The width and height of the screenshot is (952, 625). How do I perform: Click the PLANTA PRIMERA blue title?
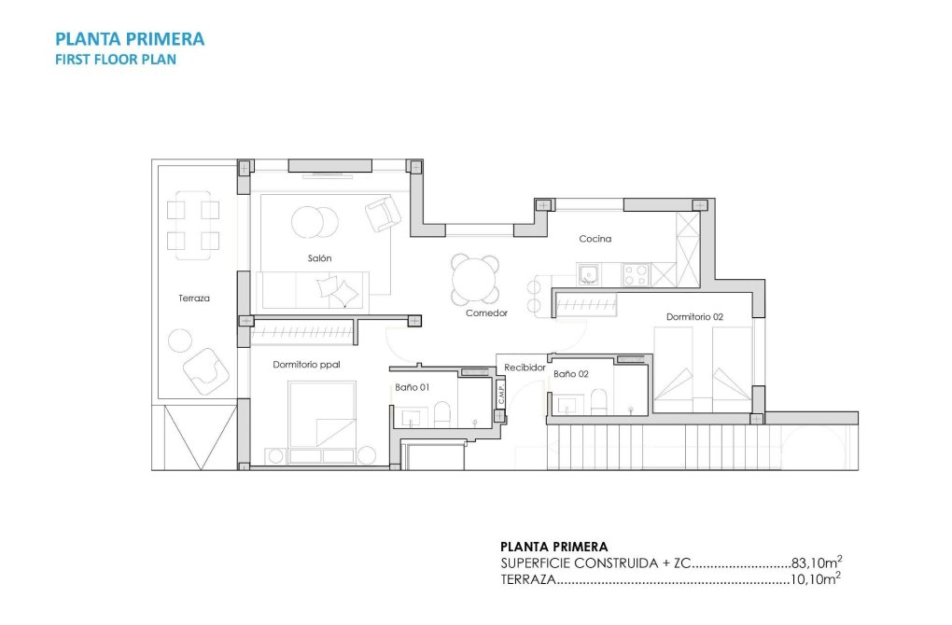coord(130,39)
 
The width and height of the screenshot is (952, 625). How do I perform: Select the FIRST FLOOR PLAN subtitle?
coord(116,59)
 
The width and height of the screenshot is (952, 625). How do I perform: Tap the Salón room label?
coord(319,257)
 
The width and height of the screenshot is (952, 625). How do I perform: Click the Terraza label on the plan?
coord(194,299)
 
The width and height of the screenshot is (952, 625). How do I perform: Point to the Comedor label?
coord(486,313)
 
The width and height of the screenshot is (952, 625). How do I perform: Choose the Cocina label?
coord(595,239)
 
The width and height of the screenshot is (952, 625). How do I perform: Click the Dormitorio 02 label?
coord(694,317)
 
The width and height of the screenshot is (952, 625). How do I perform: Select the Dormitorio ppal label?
coord(300,365)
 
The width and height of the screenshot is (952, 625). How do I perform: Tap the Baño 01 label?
coord(411,387)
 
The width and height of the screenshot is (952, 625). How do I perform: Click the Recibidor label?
coord(525,368)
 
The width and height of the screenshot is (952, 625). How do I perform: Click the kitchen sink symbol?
coord(588,274)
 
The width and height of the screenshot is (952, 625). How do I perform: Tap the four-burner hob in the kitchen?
coord(636,274)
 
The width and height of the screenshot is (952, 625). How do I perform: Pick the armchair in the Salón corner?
coord(383,214)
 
